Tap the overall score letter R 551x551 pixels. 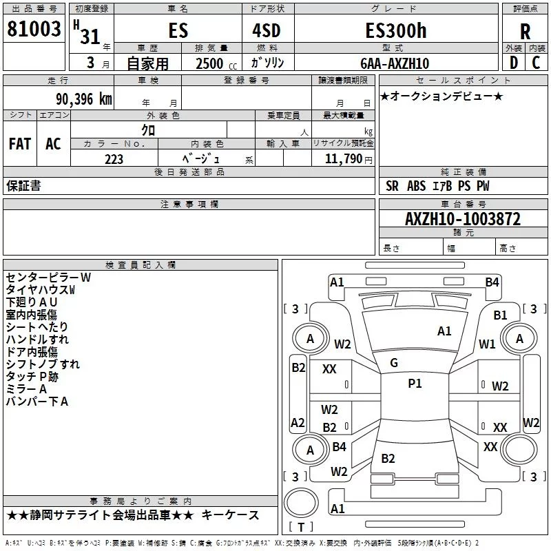[x=525, y=31]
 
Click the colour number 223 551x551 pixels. [x=114, y=159]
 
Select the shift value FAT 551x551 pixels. [x=20, y=143]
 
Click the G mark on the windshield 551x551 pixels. [x=393, y=362]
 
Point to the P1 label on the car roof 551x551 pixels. [x=415, y=384]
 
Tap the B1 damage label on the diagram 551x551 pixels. [x=500, y=315]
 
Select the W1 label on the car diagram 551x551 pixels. [x=487, y=344]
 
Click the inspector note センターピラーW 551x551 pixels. [x=48, y=278]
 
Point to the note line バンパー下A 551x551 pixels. [x=37, y=402]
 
